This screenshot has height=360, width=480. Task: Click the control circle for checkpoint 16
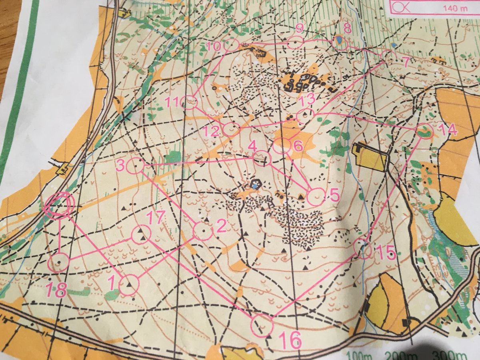[262, 325]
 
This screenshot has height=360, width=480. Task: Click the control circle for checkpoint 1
[128, 285]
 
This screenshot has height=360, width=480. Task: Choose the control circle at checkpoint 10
[231, 45]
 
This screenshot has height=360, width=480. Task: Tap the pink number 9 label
[299, 28]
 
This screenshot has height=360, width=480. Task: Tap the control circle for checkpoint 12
[231, 129]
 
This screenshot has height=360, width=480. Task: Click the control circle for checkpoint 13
[306, 115]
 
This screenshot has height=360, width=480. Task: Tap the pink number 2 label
[221, 226]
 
